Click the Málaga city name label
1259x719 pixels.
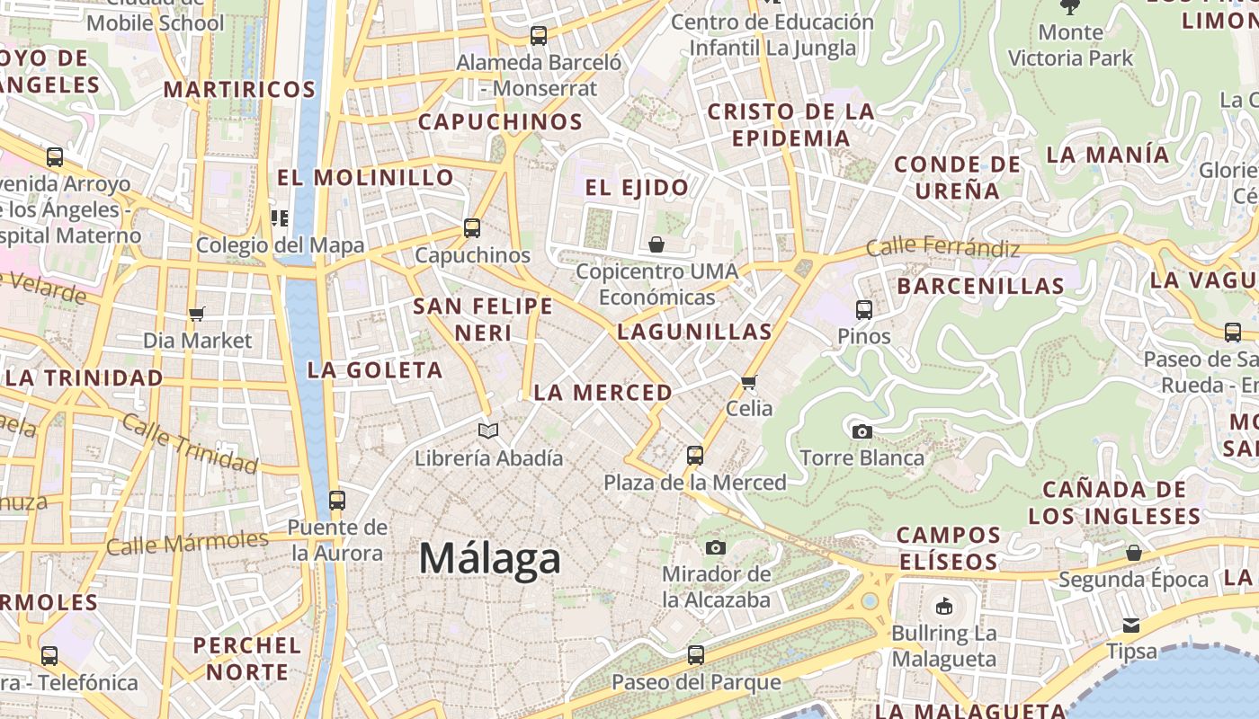point(490,558)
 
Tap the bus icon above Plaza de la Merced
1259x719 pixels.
point(694,456)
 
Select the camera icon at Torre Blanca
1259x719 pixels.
point(862,432)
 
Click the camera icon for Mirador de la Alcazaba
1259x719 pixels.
point(716,547)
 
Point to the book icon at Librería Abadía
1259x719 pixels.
point(488,431)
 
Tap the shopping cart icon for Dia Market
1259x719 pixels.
point(197,314)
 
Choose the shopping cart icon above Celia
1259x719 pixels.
point(749,382)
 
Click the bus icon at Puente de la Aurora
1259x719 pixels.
point(337,501)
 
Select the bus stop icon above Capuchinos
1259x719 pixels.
point(472,228)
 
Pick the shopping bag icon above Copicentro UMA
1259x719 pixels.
point(656,244)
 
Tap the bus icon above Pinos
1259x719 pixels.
point(864,310)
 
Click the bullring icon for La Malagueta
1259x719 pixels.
point(944,607)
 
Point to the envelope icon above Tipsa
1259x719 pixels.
point(1131,625)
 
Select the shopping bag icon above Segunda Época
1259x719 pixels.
point(1134,553)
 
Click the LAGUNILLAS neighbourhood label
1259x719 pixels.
point(694,332)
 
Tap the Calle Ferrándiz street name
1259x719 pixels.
point(942,247)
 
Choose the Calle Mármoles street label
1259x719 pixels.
point(187,543)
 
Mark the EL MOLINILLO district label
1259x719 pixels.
point(365,177)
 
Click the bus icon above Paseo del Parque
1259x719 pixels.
point(695,655)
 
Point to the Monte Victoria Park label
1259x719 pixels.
point(1070,45)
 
